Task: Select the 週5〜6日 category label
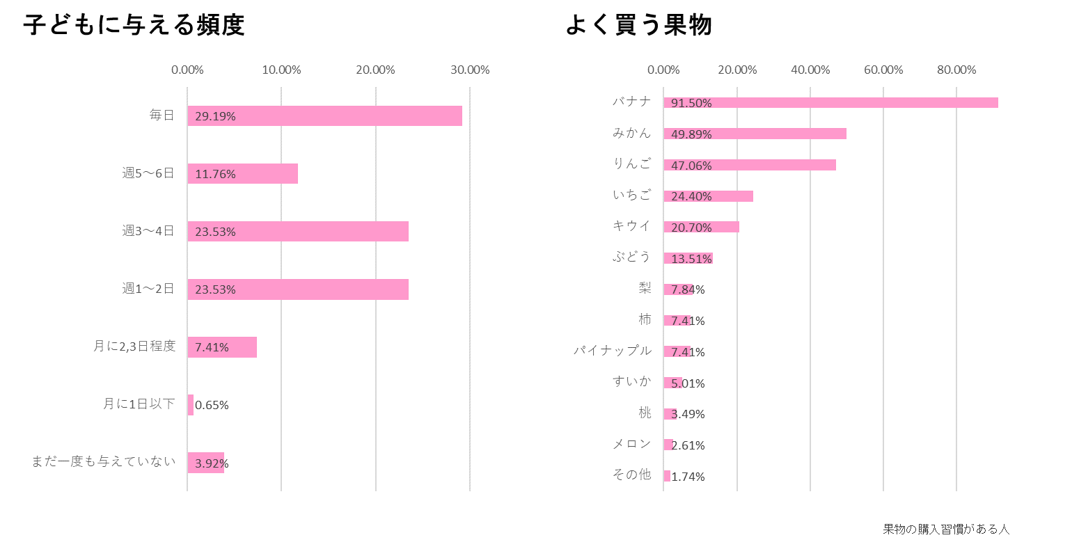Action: (x=148, y=173)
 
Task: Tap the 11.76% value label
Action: (x=215, y=174)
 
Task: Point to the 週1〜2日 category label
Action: (x=148, y=289)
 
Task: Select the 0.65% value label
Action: (x=212, y=405)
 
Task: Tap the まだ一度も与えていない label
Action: (x=104, y=461)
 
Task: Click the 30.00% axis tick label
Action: (x=471, y=70)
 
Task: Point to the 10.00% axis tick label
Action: (x=282, y=70)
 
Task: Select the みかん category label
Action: (x=631, y=133)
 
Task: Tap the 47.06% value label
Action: (x=691, y=166)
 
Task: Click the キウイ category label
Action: (x=631, y=225)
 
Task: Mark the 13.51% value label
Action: (x=691, y=259)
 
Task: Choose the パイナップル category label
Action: (x=613, y=351)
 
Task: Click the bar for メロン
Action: (x=668, y=445)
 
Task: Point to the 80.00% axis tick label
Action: (x=956, y=70)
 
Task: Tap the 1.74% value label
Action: (x=688, y=477)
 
